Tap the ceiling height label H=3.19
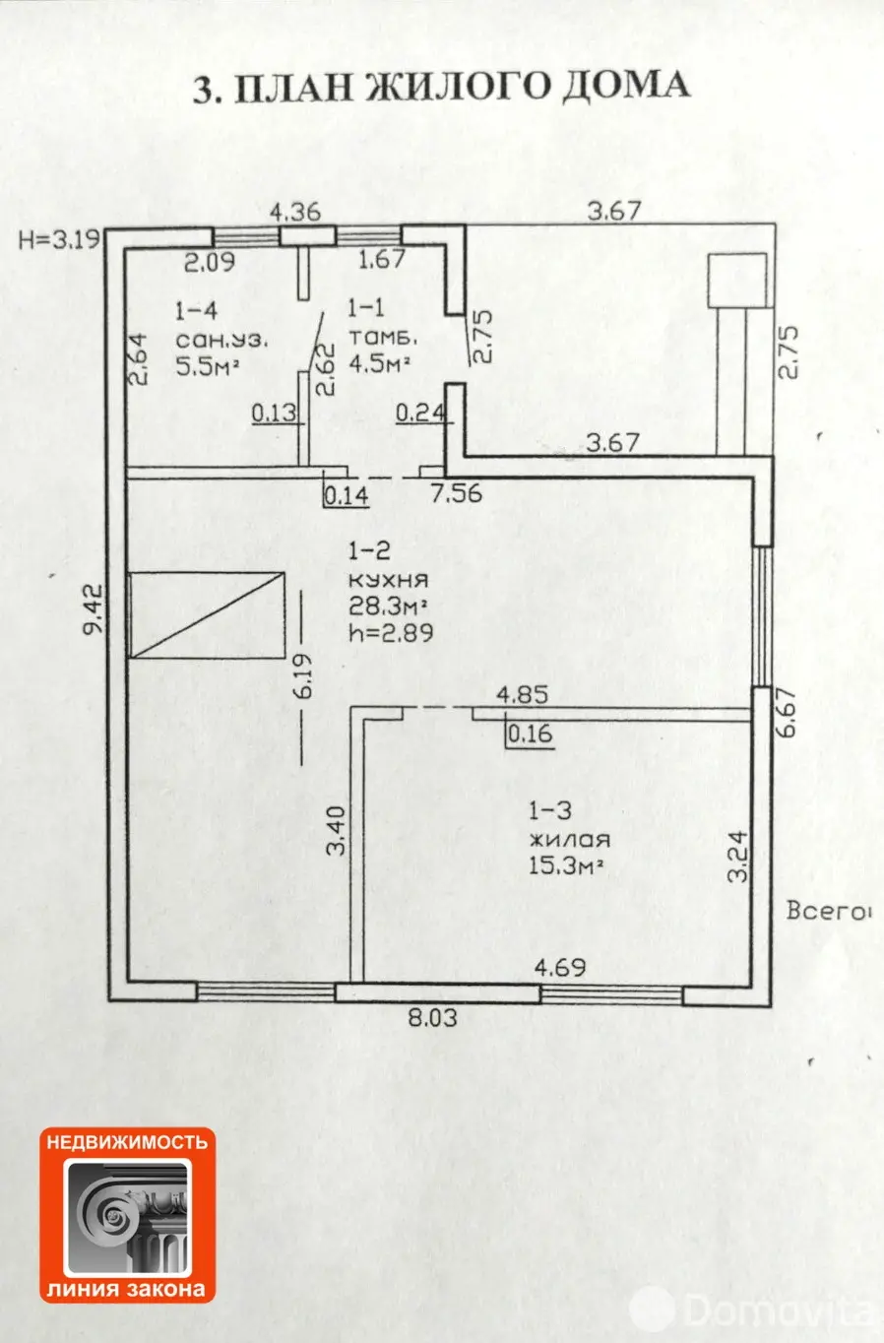point(59,240)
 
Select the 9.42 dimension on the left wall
point(95,609)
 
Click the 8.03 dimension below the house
point(433,1017)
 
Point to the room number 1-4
point(196,311)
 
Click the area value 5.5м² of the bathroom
point(208,365)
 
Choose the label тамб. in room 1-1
point(383,338)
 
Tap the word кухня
point(389,580)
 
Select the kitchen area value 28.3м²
point(388,607)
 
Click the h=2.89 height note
point(391,633)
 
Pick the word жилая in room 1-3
point(569,839)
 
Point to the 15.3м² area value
point(565,865)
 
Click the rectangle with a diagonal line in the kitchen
point(208,614)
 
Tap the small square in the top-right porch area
point(737,281)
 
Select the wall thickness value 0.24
point(421,413)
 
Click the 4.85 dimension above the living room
point(522,695)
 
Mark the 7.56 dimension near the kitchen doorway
point(457,493)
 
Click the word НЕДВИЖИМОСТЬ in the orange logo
point(127,1141)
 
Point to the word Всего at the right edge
point(827,912)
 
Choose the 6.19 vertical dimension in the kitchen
point(304,676)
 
